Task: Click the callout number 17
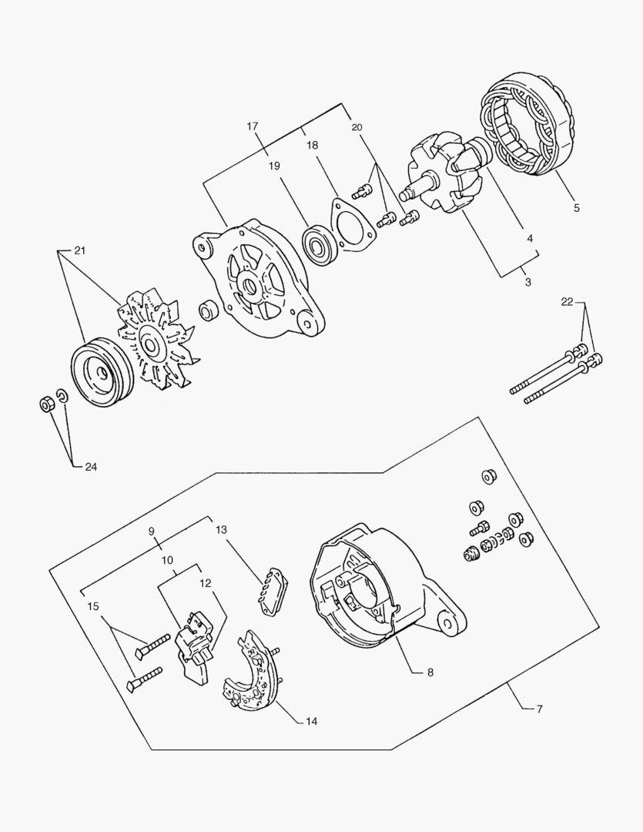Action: pyautogui.click(x=252, y=126)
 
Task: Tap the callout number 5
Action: pyautogui.click(x=576, y=207)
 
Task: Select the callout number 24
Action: pyautogui.click(x=91, y=466)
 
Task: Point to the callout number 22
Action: pyautogui.click(x=567, y=302)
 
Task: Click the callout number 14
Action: pyautogui.click(x=311, y=722)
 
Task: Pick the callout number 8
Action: pyautogui.click(x=430, y=672)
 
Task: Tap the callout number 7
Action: pyautogui.click(x=539, y=708)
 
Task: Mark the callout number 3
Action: pyautogui.click(x=527, y=282)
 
